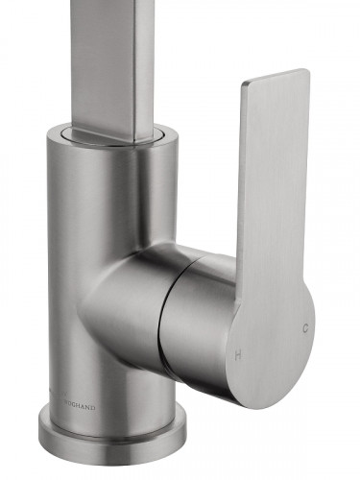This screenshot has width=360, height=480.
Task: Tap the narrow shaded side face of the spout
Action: point(145,58)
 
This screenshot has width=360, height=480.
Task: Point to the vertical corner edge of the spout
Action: point(134,58)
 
